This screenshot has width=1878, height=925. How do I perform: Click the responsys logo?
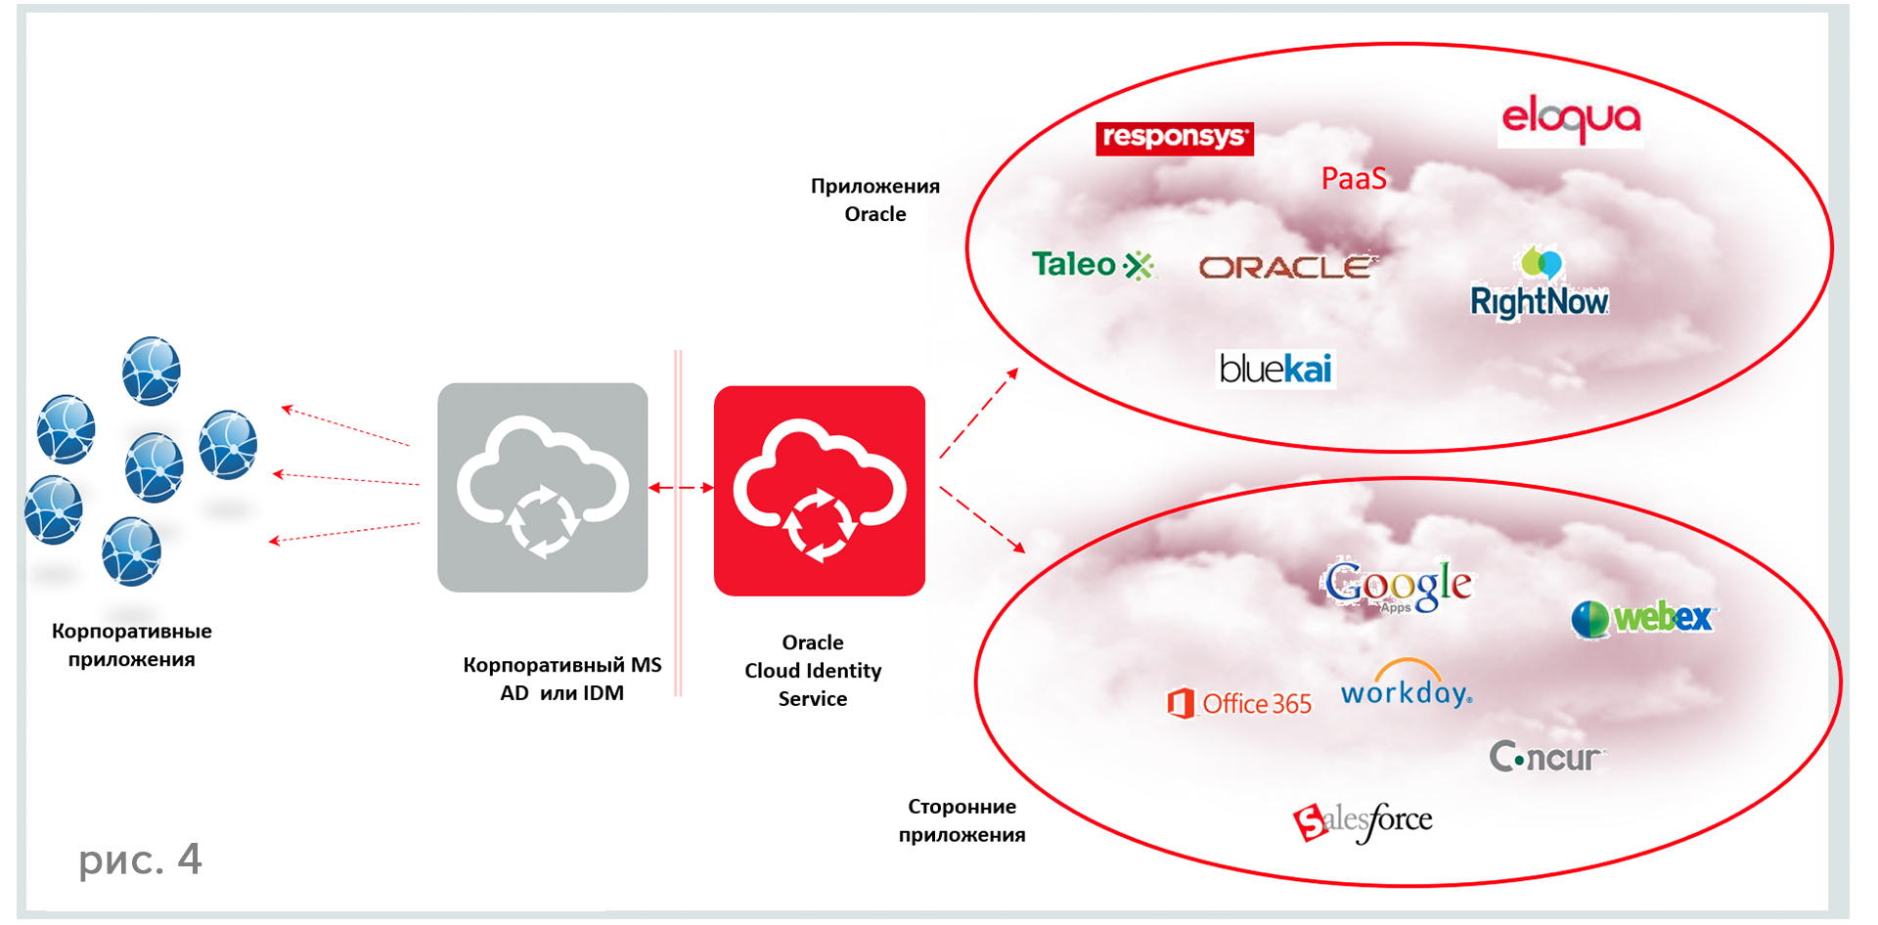pos(1174,138)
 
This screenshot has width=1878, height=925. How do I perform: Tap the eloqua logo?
pos(1570,118)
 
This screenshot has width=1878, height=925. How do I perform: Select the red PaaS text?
pos(1354,178)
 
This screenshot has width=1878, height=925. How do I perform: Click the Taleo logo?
pos(1093,264)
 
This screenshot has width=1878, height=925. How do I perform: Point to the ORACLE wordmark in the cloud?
pos(1287,267)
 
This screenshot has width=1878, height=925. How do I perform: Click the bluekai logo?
pos(1275,369)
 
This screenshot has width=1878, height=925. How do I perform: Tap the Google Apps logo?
pos(1399,586)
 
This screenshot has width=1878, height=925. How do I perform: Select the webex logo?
pos(1643,618)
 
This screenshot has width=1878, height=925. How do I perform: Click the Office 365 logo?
pos(1239,703)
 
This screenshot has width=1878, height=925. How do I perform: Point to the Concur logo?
pos(1545,756)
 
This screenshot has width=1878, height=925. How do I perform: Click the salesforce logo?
pos(1363,820)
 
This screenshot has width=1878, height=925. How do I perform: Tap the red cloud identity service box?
pos(820,491)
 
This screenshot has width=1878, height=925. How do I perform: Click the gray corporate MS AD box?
pos(543,487)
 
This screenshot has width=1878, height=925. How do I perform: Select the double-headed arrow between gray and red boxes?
pos(681,487)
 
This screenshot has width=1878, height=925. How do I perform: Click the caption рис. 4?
pos(140,859)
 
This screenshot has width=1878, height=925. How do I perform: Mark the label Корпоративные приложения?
pos(131,644)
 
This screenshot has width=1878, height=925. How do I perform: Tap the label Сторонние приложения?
pos(961,819)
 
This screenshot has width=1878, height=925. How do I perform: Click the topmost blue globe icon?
pos(151,371)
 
